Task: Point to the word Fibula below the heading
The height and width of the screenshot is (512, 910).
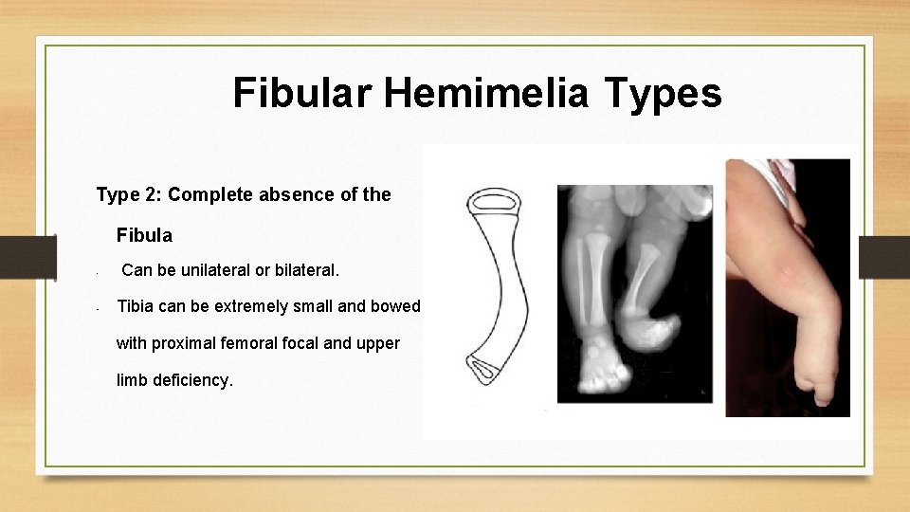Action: [x=144, y=233]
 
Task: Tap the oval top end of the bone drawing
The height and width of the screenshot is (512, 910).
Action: [x=493, y=201]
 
